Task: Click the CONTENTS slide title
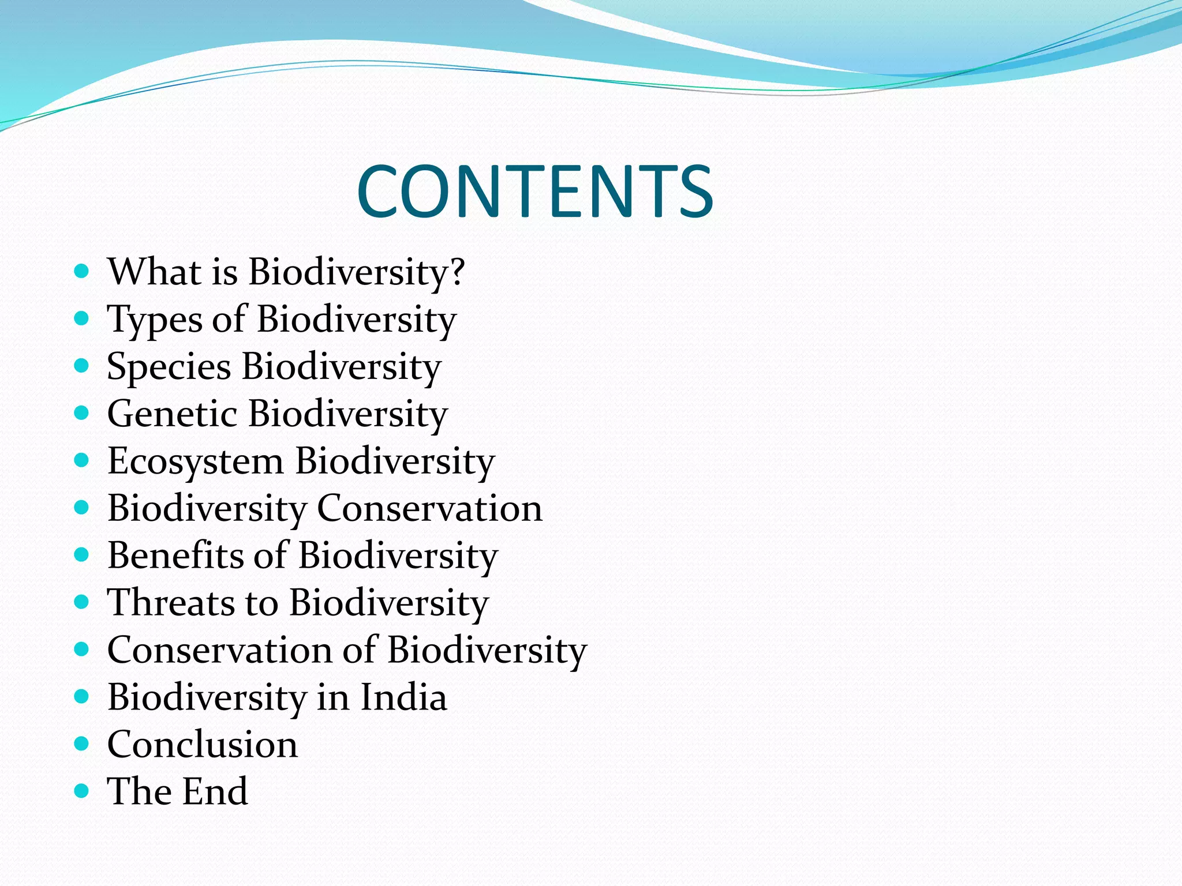point(535,192)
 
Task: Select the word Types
point(154,320)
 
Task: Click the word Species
point(169,367)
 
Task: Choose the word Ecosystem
point(195,462)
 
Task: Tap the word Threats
point(171,603)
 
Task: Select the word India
point(403,697)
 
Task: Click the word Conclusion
point(203,745)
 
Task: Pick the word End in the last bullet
point(216,791)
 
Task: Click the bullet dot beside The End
point(81,790)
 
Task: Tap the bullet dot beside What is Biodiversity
point(81,271)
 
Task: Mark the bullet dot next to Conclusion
point(81,743)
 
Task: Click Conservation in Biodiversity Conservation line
point(429,508)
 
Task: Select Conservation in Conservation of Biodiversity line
point(219,650)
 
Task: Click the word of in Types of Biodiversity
point(229,319)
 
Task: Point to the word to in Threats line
point(261,603)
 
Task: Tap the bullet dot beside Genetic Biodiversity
point(81,412)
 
